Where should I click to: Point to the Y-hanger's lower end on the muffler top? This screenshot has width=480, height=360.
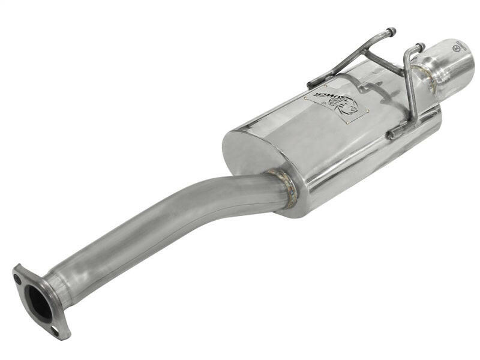[x=312, y=84]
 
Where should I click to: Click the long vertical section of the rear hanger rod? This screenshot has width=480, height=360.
[x=409, y=90]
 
